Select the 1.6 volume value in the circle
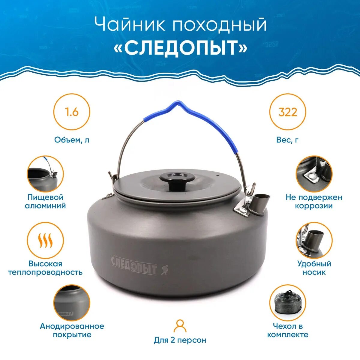pos(72,112)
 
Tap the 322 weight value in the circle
pos(288,112)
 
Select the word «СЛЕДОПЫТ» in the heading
pos(180,48)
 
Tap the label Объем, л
pos(72,140)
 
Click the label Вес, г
pos(288,140)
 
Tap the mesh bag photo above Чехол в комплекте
pos(288,303)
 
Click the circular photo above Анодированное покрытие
pos(72,303)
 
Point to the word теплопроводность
pos(45,272)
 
